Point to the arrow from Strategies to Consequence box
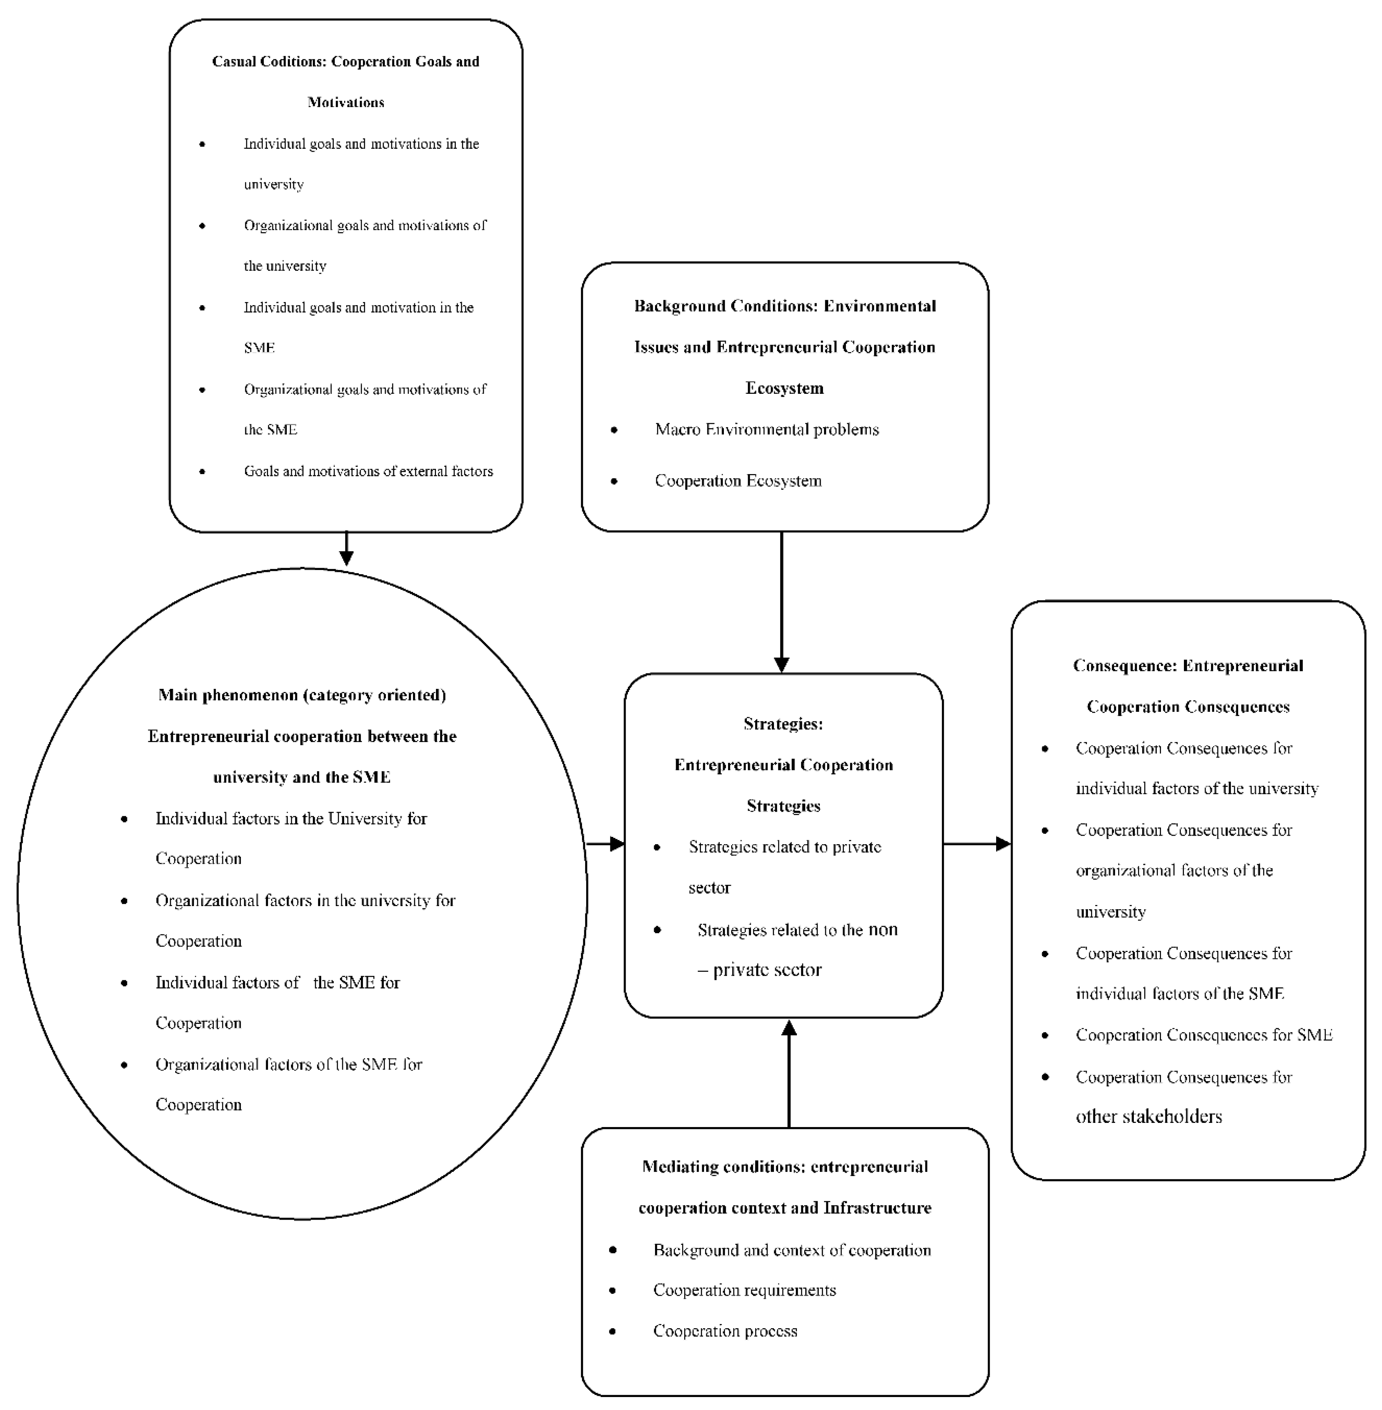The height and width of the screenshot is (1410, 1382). pyautogui.click(x=976, y=843)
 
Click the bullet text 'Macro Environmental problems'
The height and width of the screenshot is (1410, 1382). pyautogui.click(x=766, y=430)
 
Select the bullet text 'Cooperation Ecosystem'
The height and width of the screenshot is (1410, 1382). pyautogui.click(x=738, y=481)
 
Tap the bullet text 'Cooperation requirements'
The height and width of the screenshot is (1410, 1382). pyautogui.click(x=744, y=1290)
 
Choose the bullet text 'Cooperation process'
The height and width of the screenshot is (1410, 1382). pyautogui.click(x=725, y=1330)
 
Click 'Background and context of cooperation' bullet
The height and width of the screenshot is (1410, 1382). pyautogui.click(x=792, y=1250)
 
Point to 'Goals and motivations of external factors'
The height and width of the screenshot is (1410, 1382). pyautogui.click(x=368, y=471)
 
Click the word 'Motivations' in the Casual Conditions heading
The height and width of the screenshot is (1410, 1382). pyautogui.click(x=346, y=102)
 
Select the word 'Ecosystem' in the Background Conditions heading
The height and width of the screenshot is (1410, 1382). pyautogui.click(x=785, y=388)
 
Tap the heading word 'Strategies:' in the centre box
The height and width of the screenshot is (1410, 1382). pyautogui.click(x=783, y=723)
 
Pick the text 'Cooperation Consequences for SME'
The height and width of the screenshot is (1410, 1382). pyautogui.click(x=1203, y=1035)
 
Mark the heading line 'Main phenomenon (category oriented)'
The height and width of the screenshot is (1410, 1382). pyautogui.click(x=302, y=695)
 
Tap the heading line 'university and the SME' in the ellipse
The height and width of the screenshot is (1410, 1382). pyautogui.click(x=302, y=777)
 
